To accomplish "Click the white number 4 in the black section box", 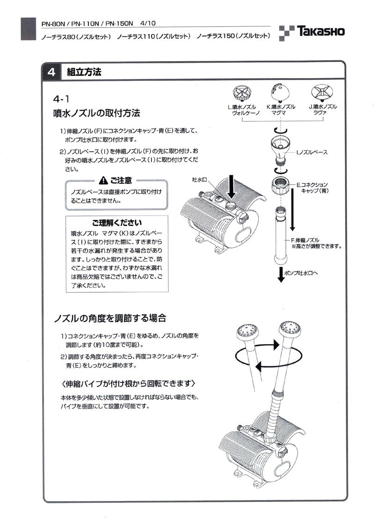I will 51,72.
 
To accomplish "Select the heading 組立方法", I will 84,72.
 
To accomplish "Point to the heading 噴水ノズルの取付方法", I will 97,113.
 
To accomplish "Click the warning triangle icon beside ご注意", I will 103,180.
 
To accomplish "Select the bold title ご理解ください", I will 116,222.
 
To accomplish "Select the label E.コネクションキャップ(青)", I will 314,188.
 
